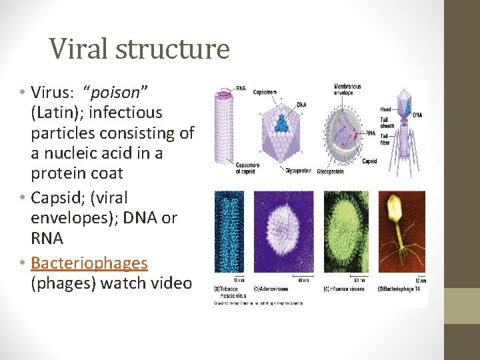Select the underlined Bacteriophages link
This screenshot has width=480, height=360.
[x=89, y=263]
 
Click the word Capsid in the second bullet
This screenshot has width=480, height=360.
[x=55, y=198]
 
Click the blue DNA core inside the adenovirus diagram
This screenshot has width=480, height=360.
[x=283, y=124]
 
